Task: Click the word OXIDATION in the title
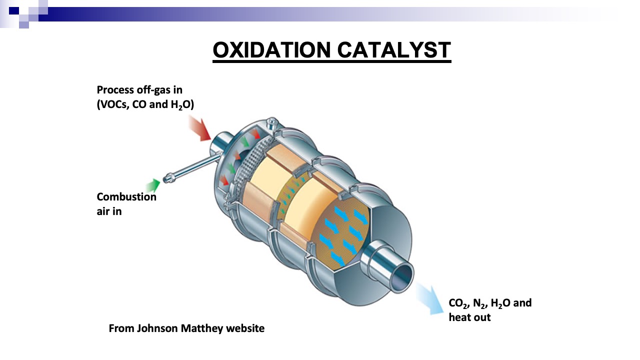(x=271, y=50)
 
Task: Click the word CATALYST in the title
(x=394, y=50)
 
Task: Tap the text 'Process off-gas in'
(x=139, y=90)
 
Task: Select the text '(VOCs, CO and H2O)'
(x=145, y=104)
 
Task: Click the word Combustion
(x=126, y=197)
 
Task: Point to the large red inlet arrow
(x=200, y=128)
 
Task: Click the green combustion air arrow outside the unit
(x=153, y=185)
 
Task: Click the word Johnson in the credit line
(x=157, y=328)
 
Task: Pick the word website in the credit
(x=245, y=328)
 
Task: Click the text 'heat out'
(x=469, y=317)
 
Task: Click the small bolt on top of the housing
(x=272, y=122)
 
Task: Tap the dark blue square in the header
(x=14, y=11)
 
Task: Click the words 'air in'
(x=109, y=211)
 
